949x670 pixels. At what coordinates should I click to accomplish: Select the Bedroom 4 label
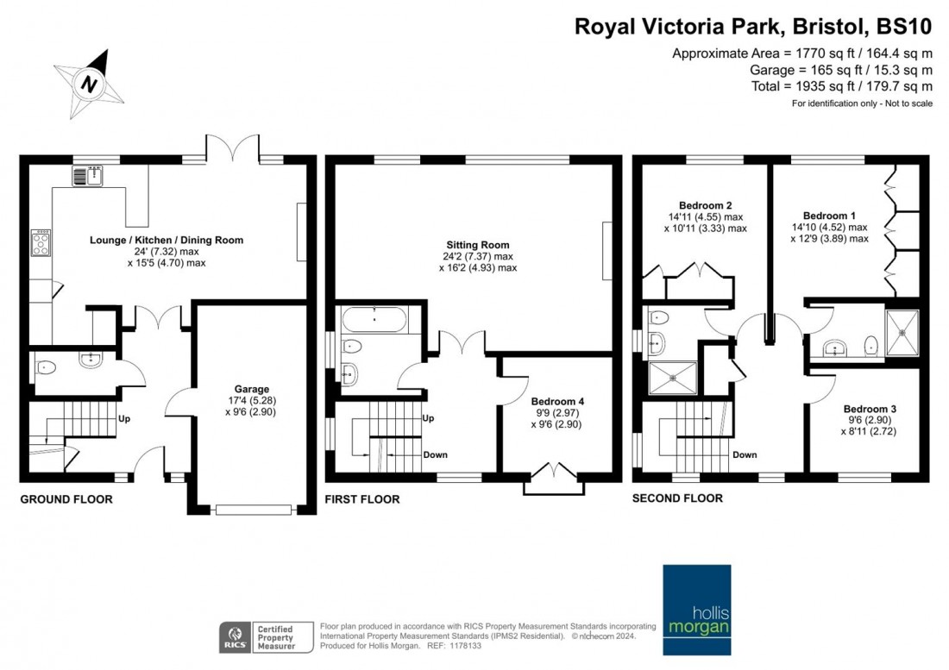[x=557, y=401]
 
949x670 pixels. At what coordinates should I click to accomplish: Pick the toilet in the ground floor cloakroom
[x=46, y=367]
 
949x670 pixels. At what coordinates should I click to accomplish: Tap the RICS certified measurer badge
[x=258, y=636]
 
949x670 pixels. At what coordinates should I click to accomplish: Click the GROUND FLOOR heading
[x=66, y=499]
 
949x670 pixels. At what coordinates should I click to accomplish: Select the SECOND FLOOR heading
[x=677, y=498]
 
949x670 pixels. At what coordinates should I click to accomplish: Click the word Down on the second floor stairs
[x=744, y=454]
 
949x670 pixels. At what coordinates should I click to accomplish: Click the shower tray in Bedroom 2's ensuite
[x=671, y=375]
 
